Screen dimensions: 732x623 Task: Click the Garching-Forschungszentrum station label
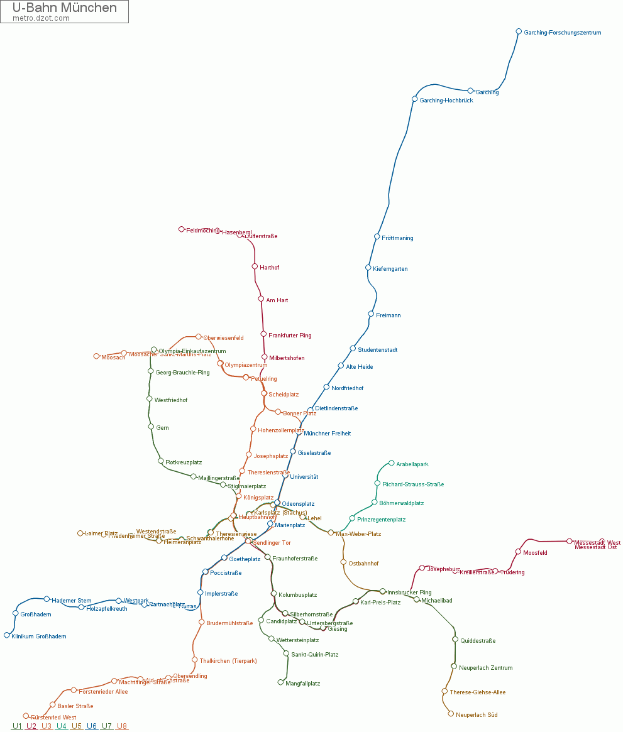point(562,33)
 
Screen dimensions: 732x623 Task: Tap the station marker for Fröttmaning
point(377,237)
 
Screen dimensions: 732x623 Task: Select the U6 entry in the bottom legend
point(92,726)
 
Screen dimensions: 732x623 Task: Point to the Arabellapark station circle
point(391,463)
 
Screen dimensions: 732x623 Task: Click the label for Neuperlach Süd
point(477,714)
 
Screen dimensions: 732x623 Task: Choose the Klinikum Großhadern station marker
point(7,635)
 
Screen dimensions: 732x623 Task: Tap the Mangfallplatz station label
point(303,683)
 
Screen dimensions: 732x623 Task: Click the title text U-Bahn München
point(65,8)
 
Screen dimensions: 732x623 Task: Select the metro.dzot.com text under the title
point(41,18)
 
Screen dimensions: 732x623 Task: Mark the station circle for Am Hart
point(261,299)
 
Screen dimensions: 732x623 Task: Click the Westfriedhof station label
point(171,400)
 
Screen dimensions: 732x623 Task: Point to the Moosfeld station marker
point(518,552)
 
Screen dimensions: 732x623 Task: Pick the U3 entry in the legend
point(47,726)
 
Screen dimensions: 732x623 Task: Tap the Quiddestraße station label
point(478,641)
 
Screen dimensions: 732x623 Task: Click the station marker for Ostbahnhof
point(343,562)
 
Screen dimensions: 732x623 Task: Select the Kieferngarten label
point(390,269)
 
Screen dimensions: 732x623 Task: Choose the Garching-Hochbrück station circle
point(414,99)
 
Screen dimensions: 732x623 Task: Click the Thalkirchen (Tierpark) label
point(228,660)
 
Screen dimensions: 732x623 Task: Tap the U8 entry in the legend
point(122,726)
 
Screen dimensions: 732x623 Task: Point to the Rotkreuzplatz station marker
point(160,461)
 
